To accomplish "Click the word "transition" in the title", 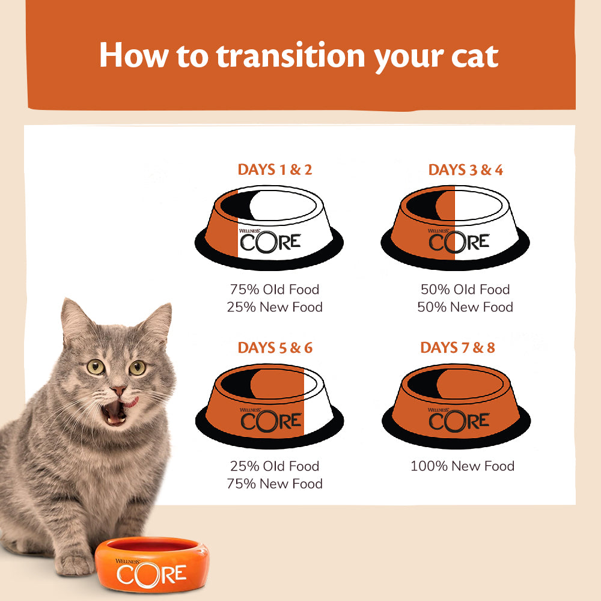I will [x=290, y=55].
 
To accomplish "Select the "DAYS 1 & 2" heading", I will [x=275, y=169].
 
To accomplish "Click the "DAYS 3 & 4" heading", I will [x=465, y=170].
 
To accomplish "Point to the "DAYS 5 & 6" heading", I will [x=275, y=347].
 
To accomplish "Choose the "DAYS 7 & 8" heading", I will [x=457, y=347].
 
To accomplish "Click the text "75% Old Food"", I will [x=274, y=289].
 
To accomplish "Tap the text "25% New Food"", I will [x=274, y=307].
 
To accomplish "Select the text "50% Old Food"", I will [x=465, y=289].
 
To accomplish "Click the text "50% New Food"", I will [x=465, y=307].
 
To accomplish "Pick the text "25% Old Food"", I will [x=274, y=466].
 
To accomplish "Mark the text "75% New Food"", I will [x=274, y=484].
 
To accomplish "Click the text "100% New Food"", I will [x=462, y=466].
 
